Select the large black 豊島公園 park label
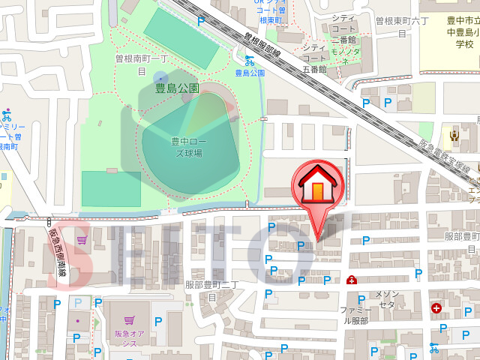tap(177, 88)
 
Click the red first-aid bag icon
tap(352, 280)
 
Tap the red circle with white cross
tap(436, 307)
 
